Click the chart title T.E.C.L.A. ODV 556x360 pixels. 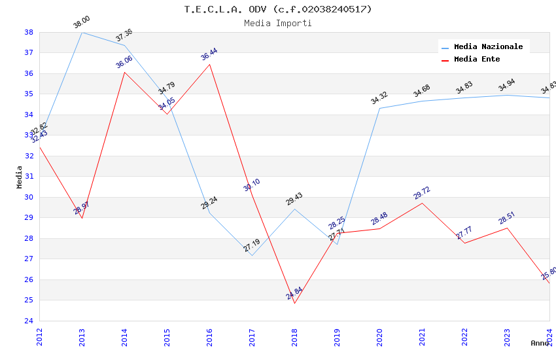278,9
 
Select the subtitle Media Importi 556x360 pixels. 278,23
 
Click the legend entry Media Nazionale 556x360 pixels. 488,46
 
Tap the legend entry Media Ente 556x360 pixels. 477,59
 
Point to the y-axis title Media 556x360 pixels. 19,177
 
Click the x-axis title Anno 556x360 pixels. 540,343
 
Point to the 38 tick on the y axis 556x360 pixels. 29,32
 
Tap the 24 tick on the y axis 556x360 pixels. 29,321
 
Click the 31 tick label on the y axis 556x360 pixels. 29,177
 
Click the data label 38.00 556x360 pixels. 82,23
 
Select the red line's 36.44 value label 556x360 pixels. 209,54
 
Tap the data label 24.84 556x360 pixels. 294,293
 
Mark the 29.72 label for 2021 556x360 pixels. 422,193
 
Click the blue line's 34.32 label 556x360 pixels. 379,98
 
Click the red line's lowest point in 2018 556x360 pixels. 294,303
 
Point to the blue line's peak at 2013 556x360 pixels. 82,32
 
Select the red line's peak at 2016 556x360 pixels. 209,64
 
